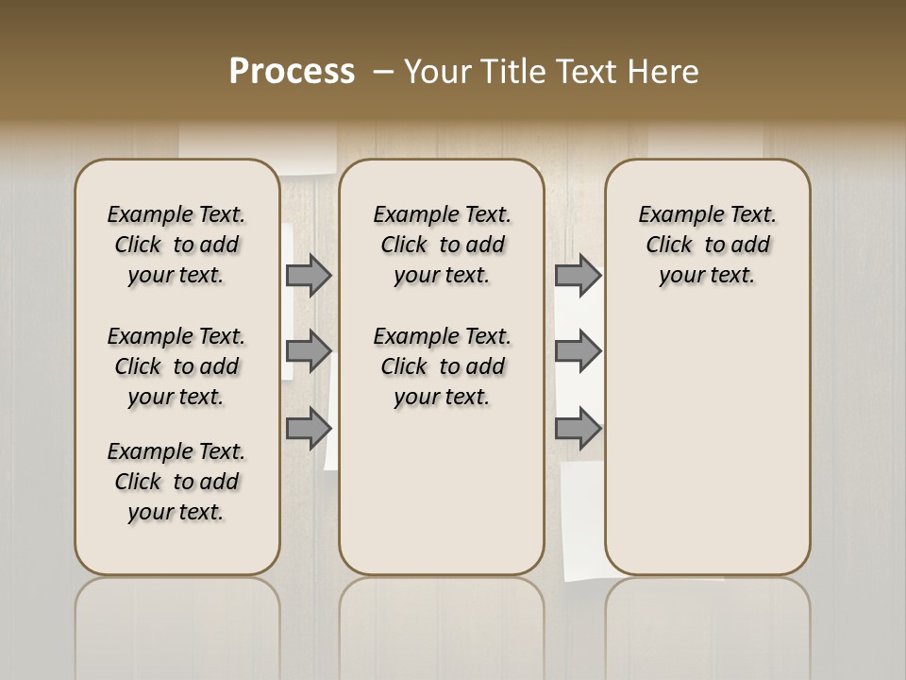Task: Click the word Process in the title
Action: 292,71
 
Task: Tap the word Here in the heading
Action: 663,72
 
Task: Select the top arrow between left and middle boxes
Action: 308,275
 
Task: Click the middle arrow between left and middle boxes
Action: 308,351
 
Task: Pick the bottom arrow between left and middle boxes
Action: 308,429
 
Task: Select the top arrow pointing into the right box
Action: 578,275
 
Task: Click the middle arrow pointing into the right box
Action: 578,351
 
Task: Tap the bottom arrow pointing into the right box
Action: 578,429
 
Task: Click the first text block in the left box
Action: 176,245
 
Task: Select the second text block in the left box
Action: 176,366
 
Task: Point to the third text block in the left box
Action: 176,482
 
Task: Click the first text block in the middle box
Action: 443,245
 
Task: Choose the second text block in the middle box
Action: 443,366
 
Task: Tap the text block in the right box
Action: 708,245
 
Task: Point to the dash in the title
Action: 383,72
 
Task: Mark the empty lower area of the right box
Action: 708,444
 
